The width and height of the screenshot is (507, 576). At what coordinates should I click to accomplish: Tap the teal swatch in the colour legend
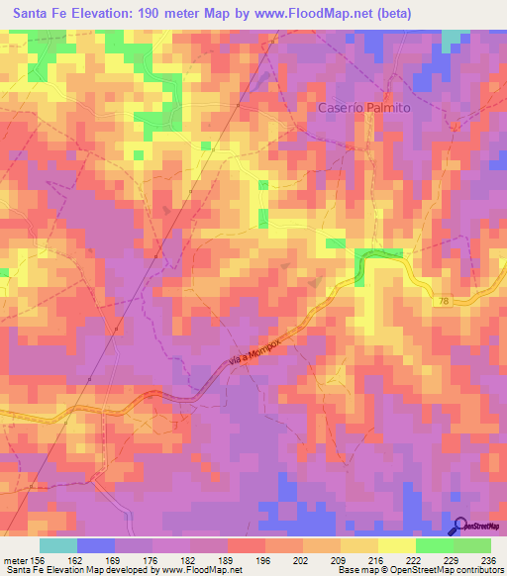[x=58, y=545]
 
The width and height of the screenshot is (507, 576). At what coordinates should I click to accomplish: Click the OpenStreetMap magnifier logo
[x=460, y=527]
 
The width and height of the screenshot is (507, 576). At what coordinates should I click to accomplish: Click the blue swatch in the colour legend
[x=96, y=545]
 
